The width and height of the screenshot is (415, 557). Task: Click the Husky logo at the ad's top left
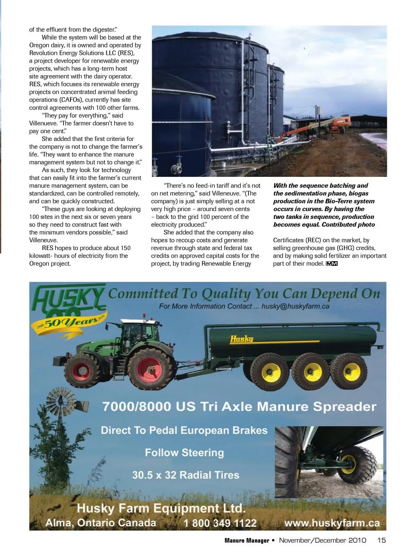(x=68, y=298)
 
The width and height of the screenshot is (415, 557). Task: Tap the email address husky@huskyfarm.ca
(x=295, y=306)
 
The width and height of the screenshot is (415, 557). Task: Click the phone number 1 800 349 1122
(x=220, y=523)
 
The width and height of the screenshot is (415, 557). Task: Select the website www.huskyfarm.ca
(x=332, y=523)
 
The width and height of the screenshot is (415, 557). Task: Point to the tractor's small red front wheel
(x=81, y=371)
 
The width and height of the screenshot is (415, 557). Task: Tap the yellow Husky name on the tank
(x=241, y=339)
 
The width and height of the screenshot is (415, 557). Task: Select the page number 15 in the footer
(x=381, y=540)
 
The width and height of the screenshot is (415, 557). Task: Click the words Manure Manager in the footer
(x=246, y=541)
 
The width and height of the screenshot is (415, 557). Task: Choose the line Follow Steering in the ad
(x=184, y=453)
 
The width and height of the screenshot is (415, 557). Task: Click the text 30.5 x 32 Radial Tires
(x=185, y=475)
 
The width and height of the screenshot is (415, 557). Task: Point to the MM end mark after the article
(x=332, y=264)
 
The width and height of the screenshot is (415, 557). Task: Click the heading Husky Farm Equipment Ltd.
(x=161, y=508)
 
